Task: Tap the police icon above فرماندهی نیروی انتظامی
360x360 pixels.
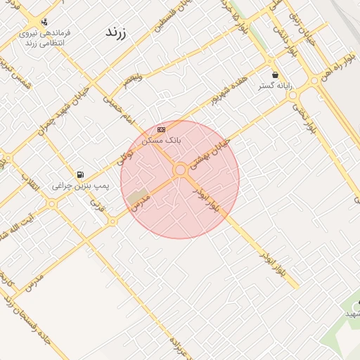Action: [x=44, y=22]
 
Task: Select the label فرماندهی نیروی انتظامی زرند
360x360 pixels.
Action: [x=45, y=37]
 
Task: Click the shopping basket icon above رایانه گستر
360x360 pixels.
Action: [x=274, y=74]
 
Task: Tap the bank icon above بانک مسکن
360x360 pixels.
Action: [x=162, y=129]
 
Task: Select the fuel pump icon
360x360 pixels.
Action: [x=80, y=174]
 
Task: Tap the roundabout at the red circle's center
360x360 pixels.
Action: [x=180, y=169]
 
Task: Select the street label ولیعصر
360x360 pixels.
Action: [x=131, y=77]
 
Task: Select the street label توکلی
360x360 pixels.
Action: [x=127, y=150]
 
